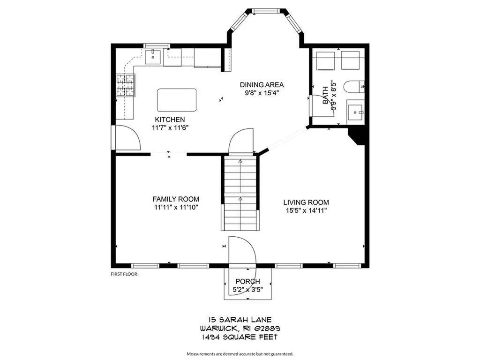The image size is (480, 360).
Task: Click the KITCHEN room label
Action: [x=170, y=120]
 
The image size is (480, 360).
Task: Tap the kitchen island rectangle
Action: [x=177, y=99]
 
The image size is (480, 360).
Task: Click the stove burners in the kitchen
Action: [x=125, y=86]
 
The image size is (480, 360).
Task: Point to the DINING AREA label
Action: [x=262, y=85]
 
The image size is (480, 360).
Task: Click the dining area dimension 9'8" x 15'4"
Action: [x=262, y=93]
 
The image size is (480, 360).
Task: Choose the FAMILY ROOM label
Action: [x=176, y=199]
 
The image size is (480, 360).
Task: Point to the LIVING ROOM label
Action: [x=306, y=202]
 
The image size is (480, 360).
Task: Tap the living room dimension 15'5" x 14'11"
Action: [x=306, y=210]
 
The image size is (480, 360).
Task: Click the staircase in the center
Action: [x=240, y=192]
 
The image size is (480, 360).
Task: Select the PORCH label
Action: [x=247, y=281]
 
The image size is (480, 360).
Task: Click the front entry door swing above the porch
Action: [x=241, y=253]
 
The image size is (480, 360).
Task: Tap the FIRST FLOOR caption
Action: [x=124, y=274]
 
